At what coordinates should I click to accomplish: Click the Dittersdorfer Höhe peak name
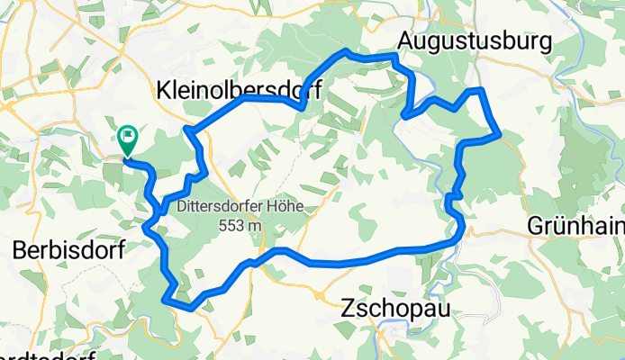pos(239,205)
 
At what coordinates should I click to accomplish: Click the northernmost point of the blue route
pos(346,51)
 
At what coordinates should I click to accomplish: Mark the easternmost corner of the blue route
pos(498,136)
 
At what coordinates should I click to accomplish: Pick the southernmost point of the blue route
pos(191,309)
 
